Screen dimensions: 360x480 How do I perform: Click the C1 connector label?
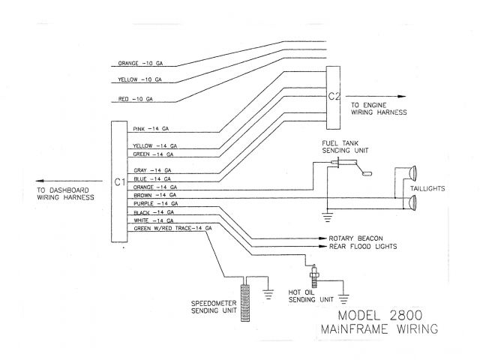point(118,182)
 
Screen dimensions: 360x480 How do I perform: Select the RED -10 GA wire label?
point(136,98)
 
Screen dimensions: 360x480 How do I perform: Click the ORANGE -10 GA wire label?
point(140,63)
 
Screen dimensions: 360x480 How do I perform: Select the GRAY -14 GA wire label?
point(151,170)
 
